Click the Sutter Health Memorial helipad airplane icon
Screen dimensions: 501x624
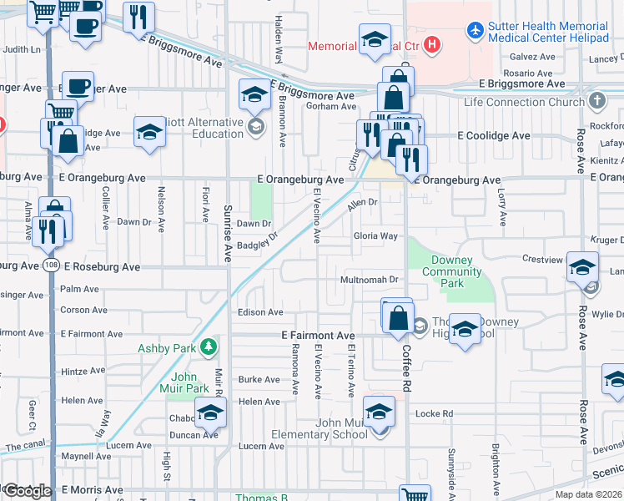click(x=476, y=31)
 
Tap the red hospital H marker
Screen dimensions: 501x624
click(x=432, y=45)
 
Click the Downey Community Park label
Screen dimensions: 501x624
click(x=451, y=272)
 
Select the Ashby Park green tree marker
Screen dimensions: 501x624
click(x=209, y=346)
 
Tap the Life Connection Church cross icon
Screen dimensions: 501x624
click(x=596, y=101)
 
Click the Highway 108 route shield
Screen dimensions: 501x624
click(x=50, y=266)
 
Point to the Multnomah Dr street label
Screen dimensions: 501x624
click(x=370, y=279)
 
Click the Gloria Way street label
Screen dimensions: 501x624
click(x=375, y=236)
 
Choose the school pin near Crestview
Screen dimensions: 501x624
click(x=582, y=266)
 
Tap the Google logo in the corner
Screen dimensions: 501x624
click(x=27, y=491)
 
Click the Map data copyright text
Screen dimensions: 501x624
click(x=587, y=494)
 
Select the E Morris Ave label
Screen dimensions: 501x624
click(x=92, y=490)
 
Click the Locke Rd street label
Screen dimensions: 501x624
click(x=434, y=413)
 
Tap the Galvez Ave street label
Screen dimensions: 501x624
click(x=533, y=58)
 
